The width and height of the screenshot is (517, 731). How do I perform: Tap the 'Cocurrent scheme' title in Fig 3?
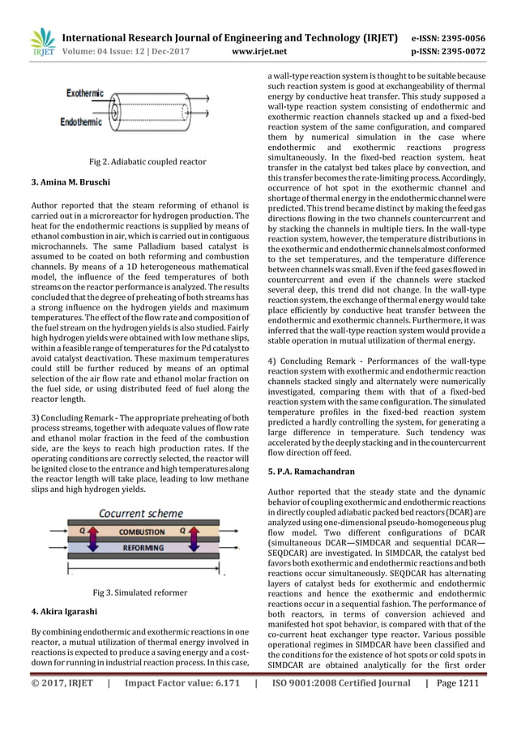point(141,514)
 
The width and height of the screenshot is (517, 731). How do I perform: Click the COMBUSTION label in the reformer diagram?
point(142,532)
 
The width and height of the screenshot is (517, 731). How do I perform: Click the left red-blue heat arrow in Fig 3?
point(88,536)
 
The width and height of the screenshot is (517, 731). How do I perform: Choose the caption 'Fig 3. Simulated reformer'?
point(140,592)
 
